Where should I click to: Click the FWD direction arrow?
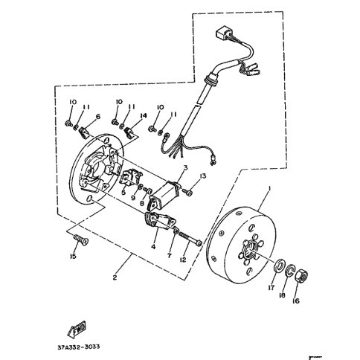pos(77,330)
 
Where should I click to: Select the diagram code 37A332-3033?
pos(79,347)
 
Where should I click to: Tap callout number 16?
pos(296,301)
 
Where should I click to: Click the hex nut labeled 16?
pos(301,275)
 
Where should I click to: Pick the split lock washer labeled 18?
pos(290,271)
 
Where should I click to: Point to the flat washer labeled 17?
pos(280,266)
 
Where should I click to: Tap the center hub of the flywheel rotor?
pos(250,251)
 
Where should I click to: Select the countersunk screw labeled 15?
pos(81,240)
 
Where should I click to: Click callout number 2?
pos(115,277)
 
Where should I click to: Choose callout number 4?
pos(153,247)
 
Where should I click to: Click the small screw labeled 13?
pos(188,192)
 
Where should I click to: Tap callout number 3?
pos(185,168)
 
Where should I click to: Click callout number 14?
pos(143,115)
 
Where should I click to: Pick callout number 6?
pos(98,116)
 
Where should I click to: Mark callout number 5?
pos(123,192)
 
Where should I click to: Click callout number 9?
pos(133,198)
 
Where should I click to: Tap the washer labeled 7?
pos(176,230)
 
